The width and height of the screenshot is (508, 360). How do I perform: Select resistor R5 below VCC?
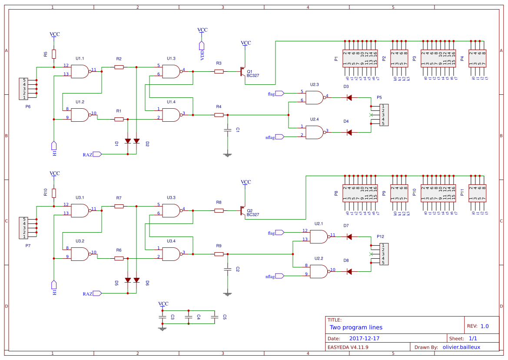click(x=54, y=54)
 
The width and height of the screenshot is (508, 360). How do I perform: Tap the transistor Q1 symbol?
click(x=242, y=72)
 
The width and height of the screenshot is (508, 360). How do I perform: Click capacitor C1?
click(x=227, y=130)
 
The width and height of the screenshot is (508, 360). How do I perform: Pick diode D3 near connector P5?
click(x=349, y=98)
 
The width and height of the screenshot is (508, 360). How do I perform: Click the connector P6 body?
click(x=25, y=89)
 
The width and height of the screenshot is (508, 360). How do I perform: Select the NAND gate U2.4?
click(x=315, y=132)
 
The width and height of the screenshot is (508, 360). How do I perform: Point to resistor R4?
click(x=219, y=115)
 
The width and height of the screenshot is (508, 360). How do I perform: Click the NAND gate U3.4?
click(x=172, y=254)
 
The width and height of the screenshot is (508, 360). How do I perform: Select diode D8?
click(x=349, y=272)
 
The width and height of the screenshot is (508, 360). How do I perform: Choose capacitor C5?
click(x=214, y=317)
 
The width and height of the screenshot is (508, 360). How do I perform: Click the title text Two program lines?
click(x=356, y=327)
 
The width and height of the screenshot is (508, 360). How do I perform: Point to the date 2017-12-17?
click(x=364, y=338)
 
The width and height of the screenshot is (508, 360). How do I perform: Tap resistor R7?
click(x=119, y=207)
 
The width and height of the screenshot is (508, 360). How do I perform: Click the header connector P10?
click(x=439, y=193)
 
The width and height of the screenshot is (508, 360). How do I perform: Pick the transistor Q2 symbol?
click(x=242, y=211)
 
